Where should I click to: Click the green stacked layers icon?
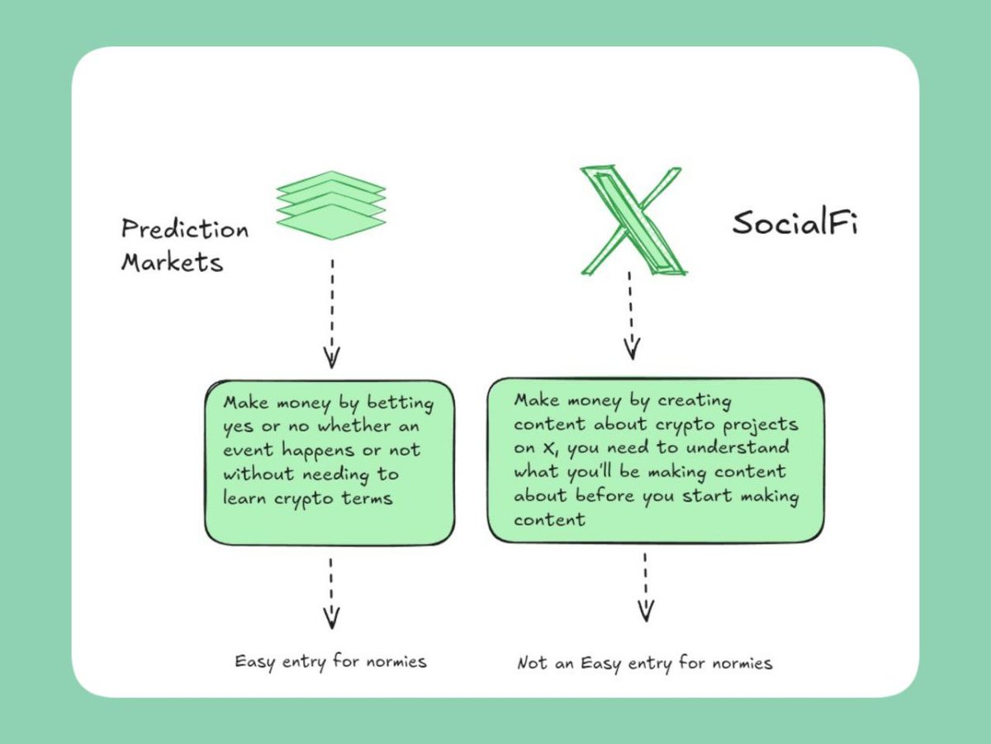tap(330, 205)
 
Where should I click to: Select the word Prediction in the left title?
tap(184, 228)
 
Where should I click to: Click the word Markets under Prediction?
tap(172, 262)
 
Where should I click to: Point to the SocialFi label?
tap(794, 223)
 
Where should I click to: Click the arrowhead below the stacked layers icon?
tap(331, 357)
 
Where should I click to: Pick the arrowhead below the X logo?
tap(632, 349)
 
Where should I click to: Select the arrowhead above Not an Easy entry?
tap(646, 610)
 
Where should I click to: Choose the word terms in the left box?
tap(367, 498)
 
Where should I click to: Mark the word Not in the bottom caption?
tap(531, 663)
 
